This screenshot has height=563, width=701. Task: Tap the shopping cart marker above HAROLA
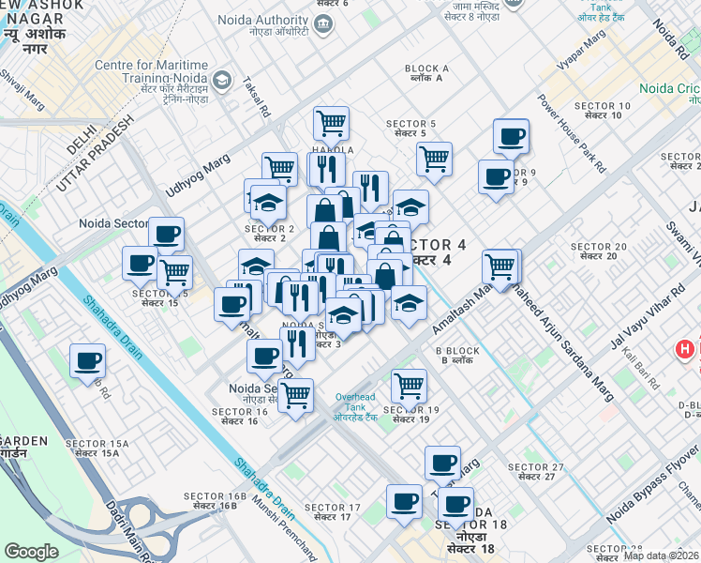(331, 122)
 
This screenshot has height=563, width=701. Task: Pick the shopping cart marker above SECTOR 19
(409, 385)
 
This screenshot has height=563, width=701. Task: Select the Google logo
(31, 552)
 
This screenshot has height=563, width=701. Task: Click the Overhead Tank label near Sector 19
(356, 403)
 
